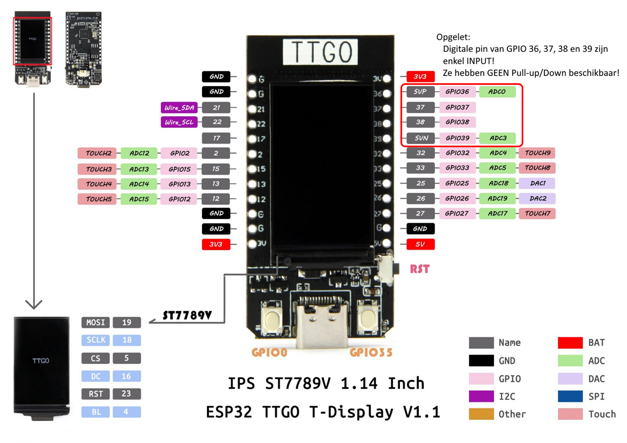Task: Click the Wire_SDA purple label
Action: click(179, 107)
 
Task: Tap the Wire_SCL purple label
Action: click(179, 122)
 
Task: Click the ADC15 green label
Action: click(139, 199)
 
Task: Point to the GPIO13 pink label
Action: click(179, 184)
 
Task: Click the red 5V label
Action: click(420, 244)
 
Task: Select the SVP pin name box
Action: click(420, 92)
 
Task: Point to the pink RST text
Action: click(419, 269)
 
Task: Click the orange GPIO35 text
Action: click(371, 353)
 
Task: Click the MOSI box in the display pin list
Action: click(95, 322)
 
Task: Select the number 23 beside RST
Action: click(127, 394)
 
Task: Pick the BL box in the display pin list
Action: click(95, 412)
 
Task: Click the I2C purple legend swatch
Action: click(481, 396)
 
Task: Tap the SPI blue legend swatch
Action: click(570, 396)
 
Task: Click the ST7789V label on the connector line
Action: click(187, 315)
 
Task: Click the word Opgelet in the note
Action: click(453, 37)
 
